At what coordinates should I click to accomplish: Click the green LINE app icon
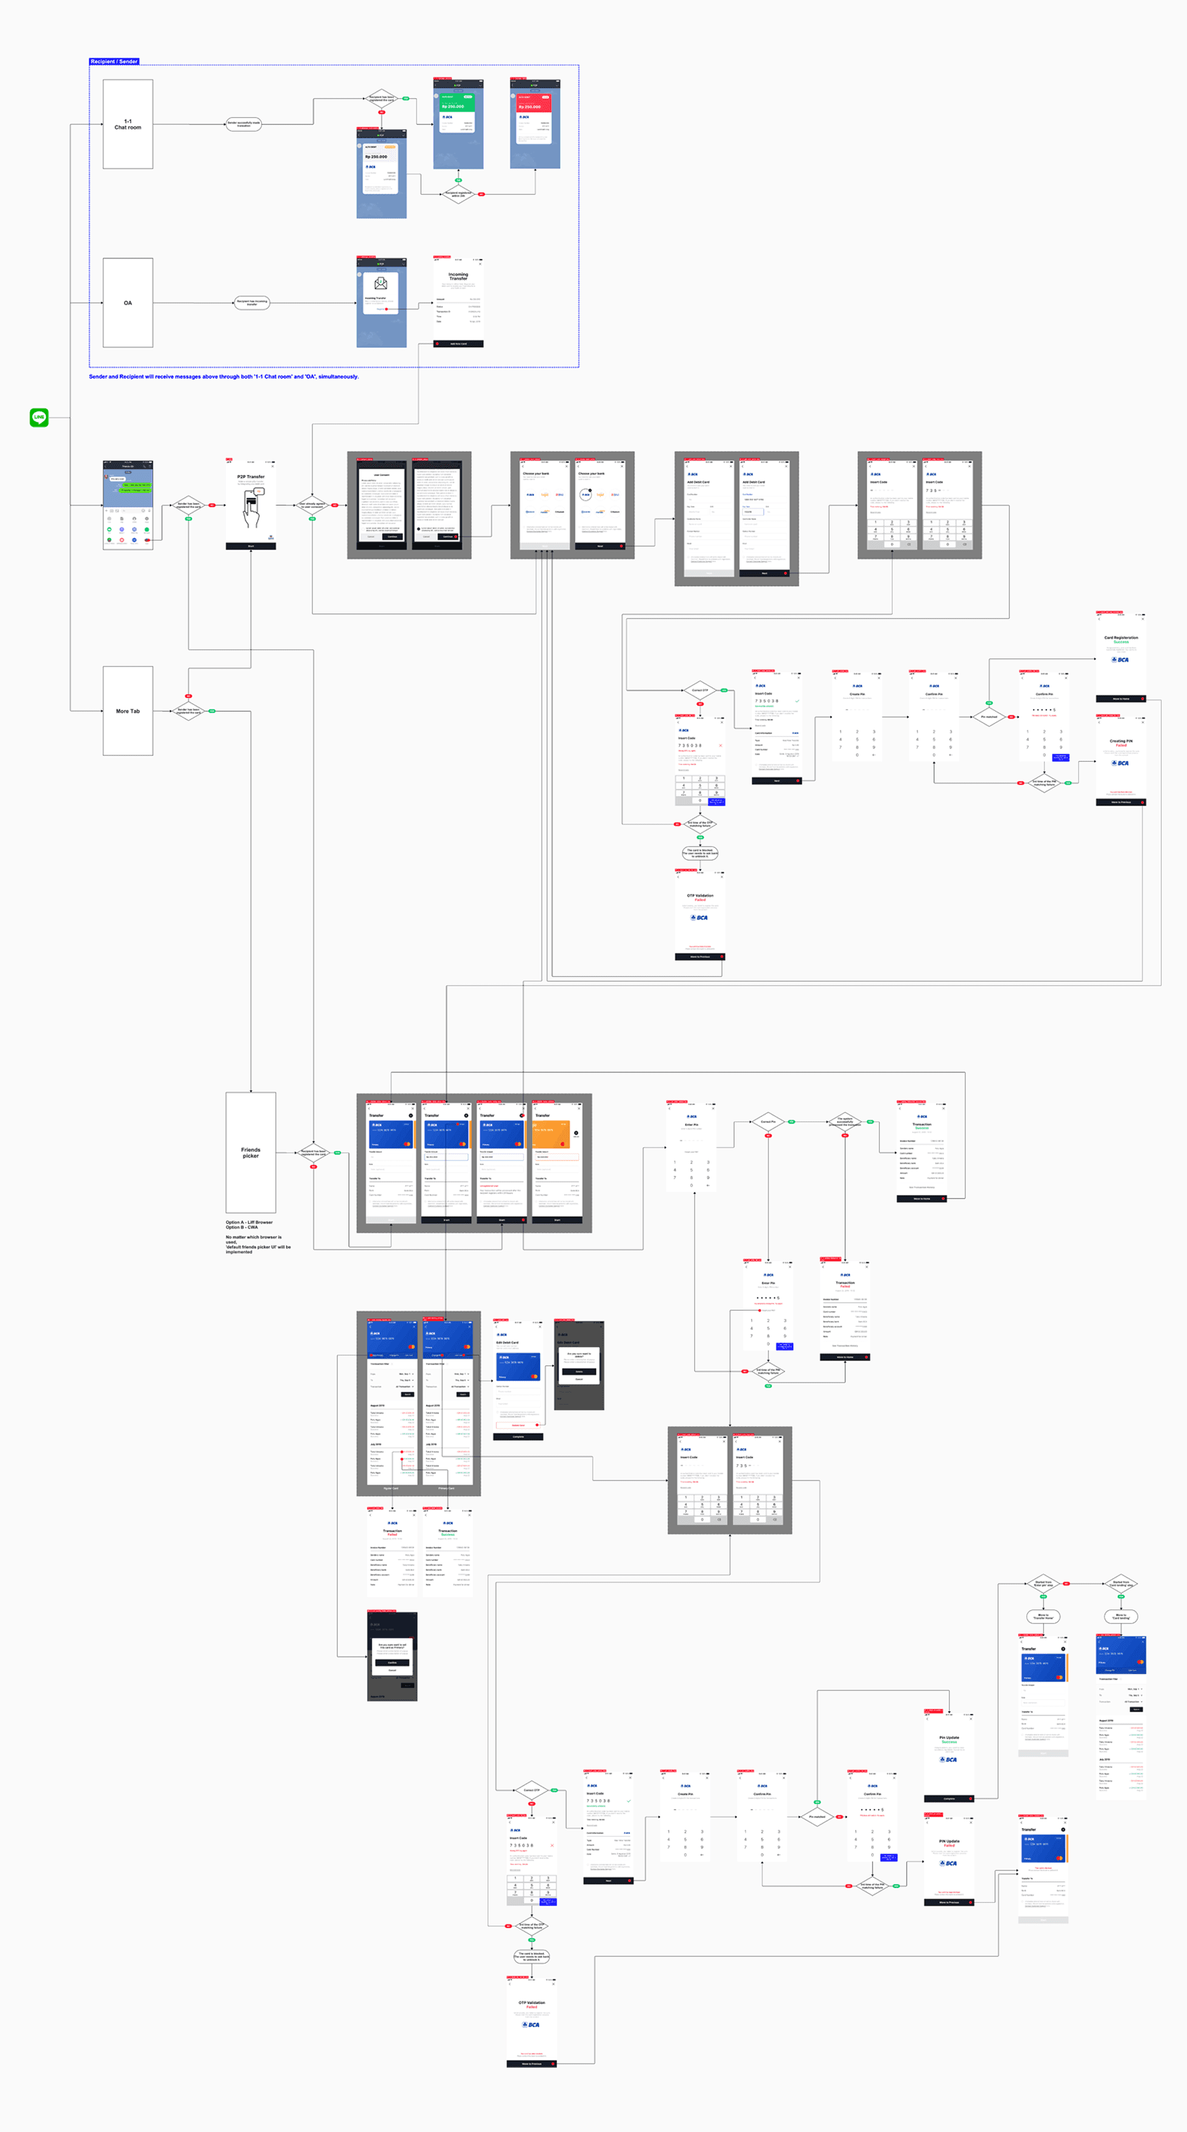click(39, 417)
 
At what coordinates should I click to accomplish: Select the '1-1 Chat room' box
click(127, 124)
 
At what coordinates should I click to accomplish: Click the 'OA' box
click(127, 302)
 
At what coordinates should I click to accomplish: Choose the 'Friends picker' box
click(250, 1152)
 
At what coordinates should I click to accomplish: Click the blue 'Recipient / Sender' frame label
click(114, 61)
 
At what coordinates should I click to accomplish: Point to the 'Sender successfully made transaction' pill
click(243, 124)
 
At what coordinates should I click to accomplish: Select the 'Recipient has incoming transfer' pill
click(252, 302)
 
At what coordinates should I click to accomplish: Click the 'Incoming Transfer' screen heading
click(458, 276)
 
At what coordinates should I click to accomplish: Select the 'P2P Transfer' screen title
click(251, 477)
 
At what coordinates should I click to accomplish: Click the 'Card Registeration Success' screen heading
click(1121, 639)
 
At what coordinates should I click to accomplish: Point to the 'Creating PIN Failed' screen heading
click(1121, 743)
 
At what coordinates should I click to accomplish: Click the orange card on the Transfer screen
click(551, 1134)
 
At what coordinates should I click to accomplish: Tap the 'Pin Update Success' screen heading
click(948, 1739)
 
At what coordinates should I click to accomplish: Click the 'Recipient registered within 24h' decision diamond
click(458, 194)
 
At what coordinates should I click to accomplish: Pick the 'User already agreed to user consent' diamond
click(312, 505)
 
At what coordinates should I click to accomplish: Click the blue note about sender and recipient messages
click(223, 377)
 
